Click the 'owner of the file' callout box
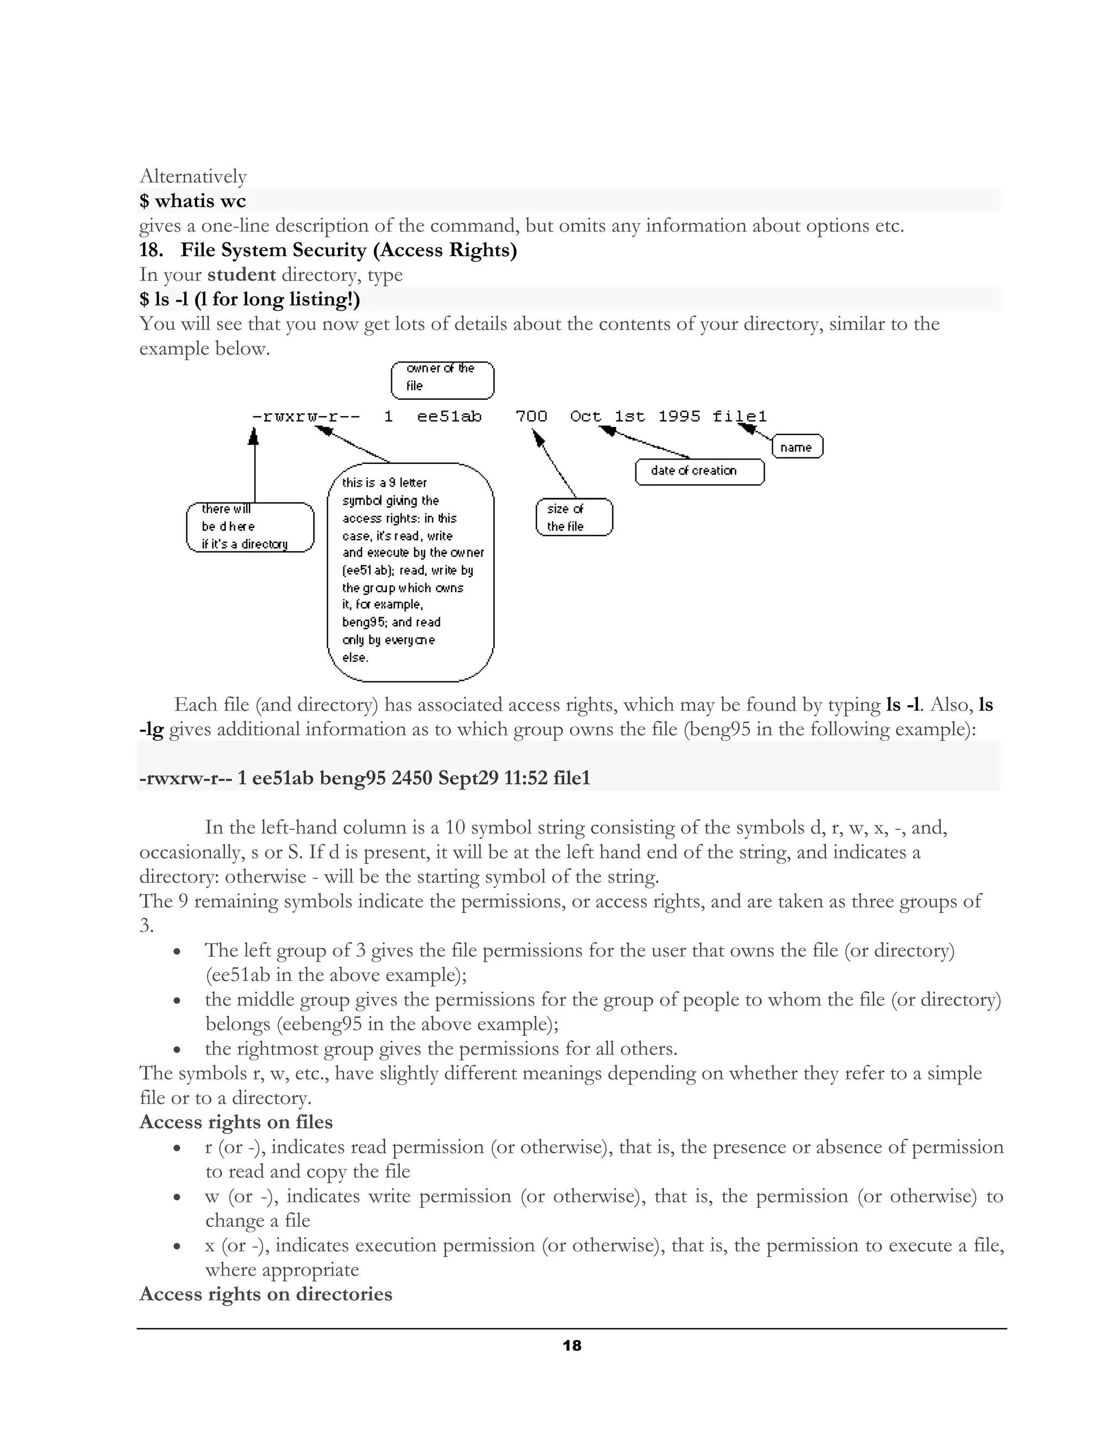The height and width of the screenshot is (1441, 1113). point(442,380)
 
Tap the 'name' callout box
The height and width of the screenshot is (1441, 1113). point(797,446)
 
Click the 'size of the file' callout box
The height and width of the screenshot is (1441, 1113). point(574,517)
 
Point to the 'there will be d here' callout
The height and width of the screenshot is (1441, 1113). point(250,526)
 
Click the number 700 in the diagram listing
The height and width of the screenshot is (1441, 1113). point(531,417)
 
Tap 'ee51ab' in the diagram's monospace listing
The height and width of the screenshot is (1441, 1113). point(449,417)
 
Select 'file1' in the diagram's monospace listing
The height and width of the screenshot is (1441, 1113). point(739,417)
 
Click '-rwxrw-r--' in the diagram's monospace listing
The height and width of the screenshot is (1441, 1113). point(306,417)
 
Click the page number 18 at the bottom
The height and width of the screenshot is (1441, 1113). point(572,1346)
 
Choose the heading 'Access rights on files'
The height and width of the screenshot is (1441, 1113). point(235,1122)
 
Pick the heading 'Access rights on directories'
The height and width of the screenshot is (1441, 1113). point(265,1293)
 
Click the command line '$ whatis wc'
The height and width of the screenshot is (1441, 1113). point(192,201)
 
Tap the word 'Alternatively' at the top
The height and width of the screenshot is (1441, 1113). point(192,176)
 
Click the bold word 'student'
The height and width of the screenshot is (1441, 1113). point(241,275)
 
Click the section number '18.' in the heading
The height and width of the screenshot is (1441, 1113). point(151,250)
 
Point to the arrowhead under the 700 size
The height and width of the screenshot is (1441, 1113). point(538,437)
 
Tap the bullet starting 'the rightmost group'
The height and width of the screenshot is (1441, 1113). point(440,1048)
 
